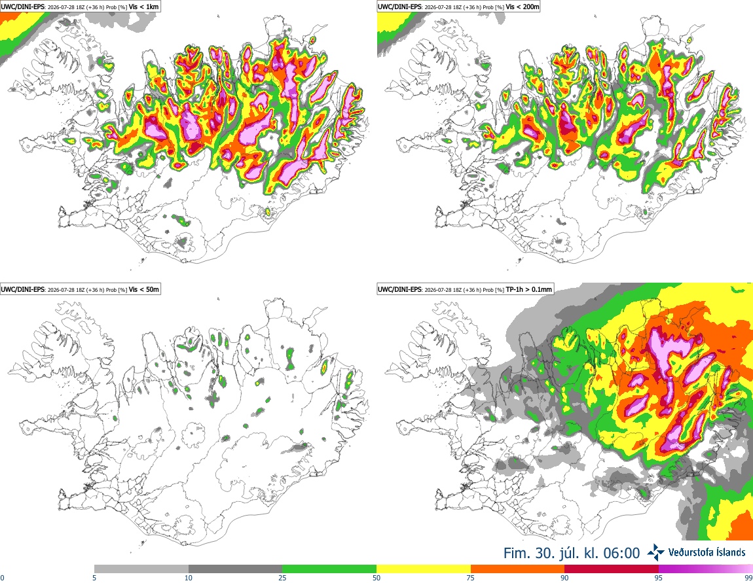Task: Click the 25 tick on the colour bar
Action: (283, 578)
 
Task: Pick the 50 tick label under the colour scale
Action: (377, 578)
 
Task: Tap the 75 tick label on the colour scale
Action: (471, 578)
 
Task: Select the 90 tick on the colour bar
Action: (564, 578)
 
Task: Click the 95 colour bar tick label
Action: (659, 578)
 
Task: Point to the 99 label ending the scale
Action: (748, 578)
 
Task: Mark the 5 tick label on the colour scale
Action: (94, 578)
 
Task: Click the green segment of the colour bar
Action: (330, 569)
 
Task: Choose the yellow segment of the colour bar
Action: (424, 569)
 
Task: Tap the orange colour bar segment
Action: (518, 569)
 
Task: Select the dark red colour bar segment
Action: (612, 569)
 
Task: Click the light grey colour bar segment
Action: (141, 569)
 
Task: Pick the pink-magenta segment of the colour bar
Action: (706, 569)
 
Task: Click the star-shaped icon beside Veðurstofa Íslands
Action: (656, 553)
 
